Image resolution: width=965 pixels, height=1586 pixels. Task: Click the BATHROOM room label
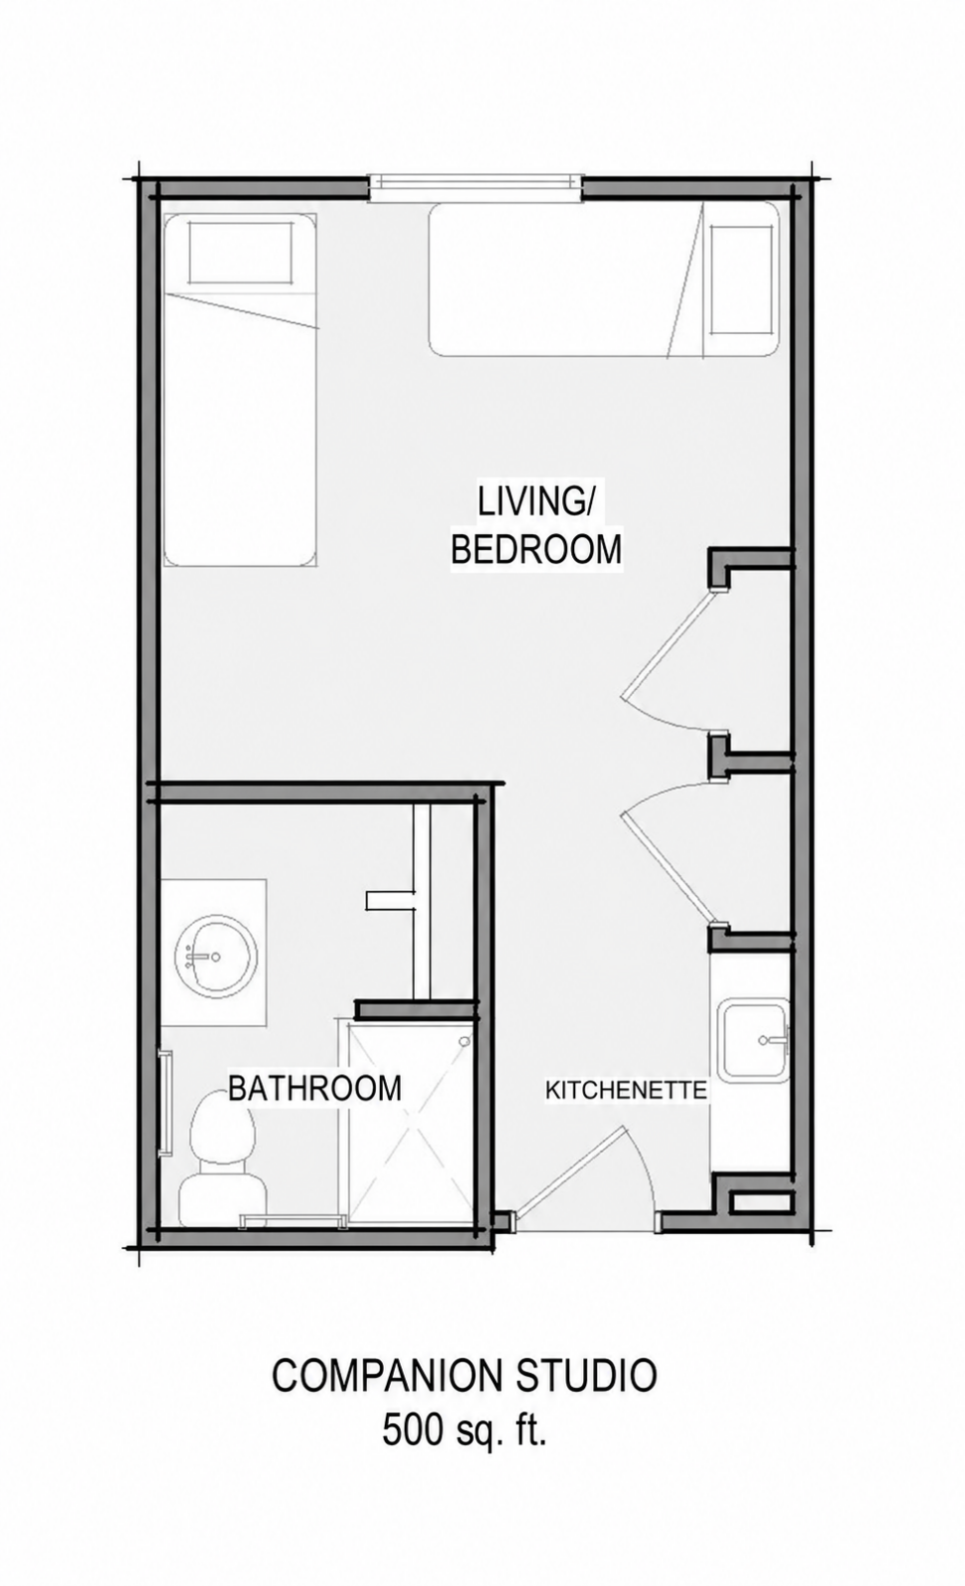(314, 1087)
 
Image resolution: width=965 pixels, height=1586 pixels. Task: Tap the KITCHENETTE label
(626, 1089)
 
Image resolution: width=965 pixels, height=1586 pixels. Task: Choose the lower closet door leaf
(670, 869)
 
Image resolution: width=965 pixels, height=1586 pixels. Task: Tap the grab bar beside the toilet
(168, 1104)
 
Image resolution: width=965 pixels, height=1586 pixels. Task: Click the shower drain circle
(465, 1042)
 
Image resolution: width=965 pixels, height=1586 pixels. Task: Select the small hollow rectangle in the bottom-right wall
(761, 1202)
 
